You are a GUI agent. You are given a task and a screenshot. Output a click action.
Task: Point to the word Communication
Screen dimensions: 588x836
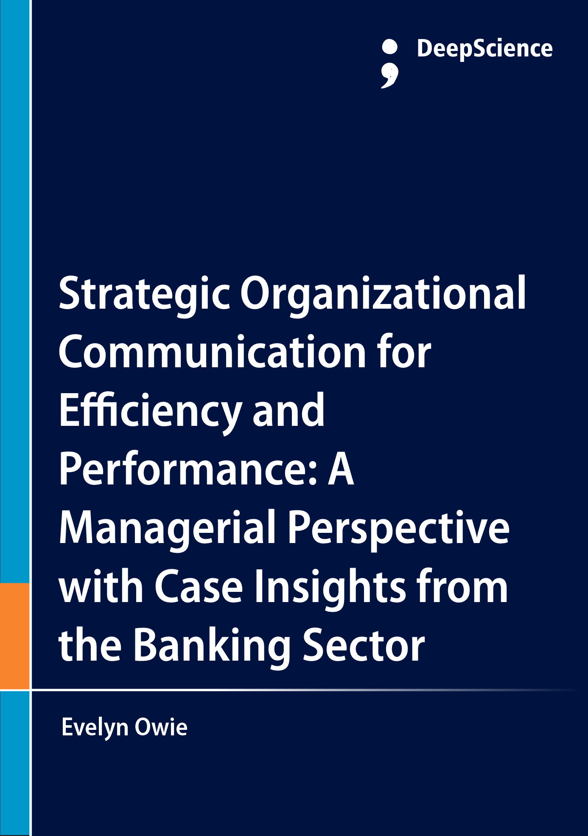pos(212,352)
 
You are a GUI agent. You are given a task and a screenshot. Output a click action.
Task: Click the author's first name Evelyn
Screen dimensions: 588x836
pos(95,728)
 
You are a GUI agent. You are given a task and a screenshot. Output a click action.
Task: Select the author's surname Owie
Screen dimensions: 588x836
pos(161,727)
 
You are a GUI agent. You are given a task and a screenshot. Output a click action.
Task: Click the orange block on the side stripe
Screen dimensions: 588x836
pos(15,636)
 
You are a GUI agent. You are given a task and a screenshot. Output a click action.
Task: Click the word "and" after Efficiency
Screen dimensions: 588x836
pos(288,410)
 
